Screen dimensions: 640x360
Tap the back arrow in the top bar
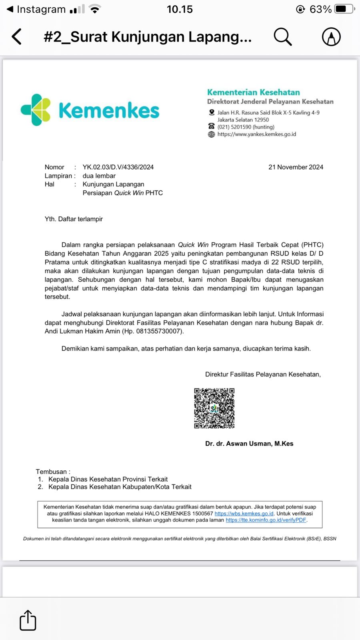[17, 37]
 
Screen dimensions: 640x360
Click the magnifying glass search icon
[282, 37]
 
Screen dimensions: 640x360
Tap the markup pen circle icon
[331, 37]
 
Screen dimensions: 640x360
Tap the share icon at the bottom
[28, 620]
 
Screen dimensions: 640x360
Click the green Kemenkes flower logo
[36, 110]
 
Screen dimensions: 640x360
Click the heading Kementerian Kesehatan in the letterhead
[253, 92]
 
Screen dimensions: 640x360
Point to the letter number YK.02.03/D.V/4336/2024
[118, 167]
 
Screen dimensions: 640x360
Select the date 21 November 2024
[296, 167]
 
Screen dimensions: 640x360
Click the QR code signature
[214, 408]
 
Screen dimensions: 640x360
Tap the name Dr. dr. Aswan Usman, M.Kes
[249, 444]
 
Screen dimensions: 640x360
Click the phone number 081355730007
[159, 331]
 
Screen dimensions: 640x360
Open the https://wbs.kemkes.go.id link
[244, 514]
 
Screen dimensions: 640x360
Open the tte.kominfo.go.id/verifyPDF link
[266, 520]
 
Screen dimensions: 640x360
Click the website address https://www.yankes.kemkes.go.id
[256, 134]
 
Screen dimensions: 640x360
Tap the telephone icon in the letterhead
[212, 126]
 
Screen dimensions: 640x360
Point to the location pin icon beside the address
[212, 112]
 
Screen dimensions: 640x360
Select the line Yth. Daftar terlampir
[74, 219]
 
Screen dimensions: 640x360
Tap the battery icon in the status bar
[344, 9]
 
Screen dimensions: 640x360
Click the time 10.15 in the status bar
[180, 9]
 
